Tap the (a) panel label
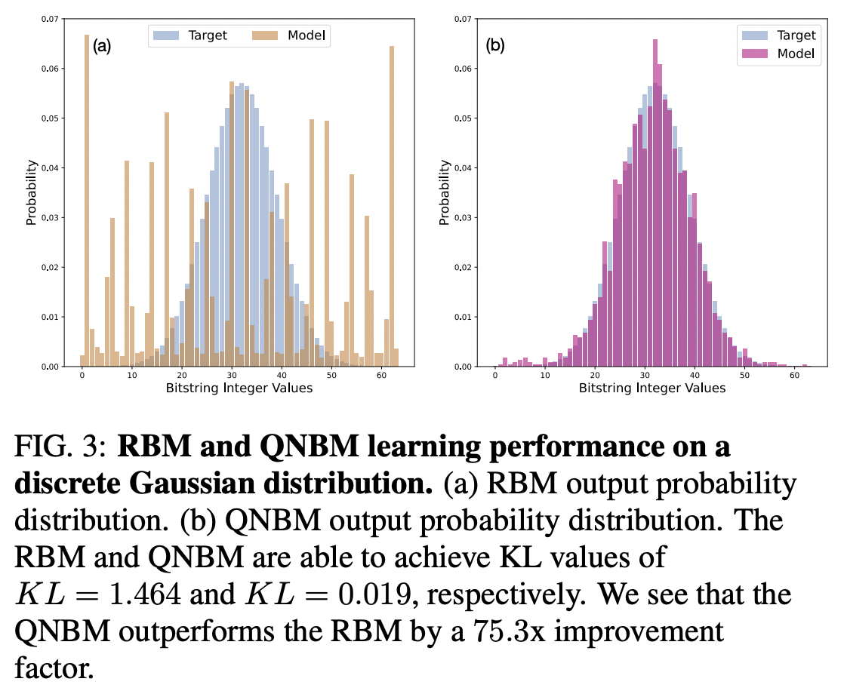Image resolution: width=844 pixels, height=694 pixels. point(102,46)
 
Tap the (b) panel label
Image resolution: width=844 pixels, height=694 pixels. point(494,46)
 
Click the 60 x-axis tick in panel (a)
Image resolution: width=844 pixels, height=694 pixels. point(380,375)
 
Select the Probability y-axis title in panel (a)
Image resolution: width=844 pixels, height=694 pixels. point(31,192)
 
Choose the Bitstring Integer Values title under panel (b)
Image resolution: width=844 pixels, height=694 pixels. point(651,388)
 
